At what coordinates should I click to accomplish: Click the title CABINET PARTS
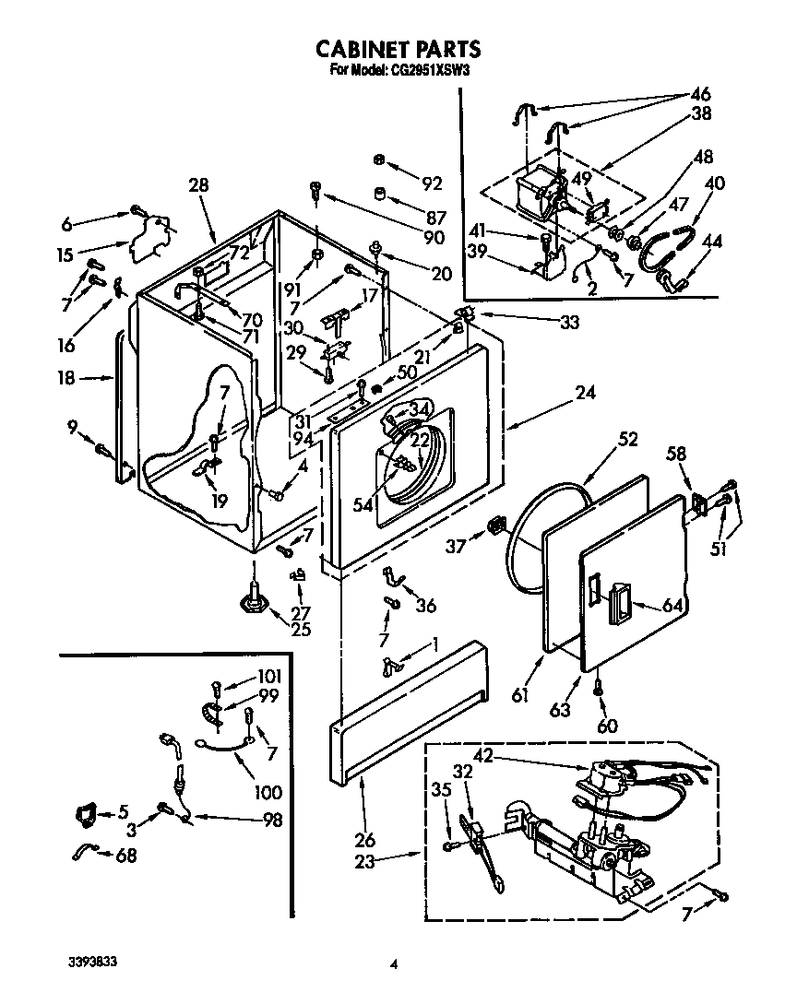point(398,48)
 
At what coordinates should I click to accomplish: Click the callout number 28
point(198,185)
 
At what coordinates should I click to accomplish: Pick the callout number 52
point(627,440)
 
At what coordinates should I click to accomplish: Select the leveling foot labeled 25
point(253,600)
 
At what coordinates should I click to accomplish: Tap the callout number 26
point(365,840)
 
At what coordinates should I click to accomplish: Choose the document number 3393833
point(93,961)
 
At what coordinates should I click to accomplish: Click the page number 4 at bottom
point(394,965)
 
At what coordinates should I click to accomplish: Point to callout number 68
point(126,856)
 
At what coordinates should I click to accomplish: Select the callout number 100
point(269,792)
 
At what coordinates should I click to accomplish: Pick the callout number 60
point(607,726)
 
